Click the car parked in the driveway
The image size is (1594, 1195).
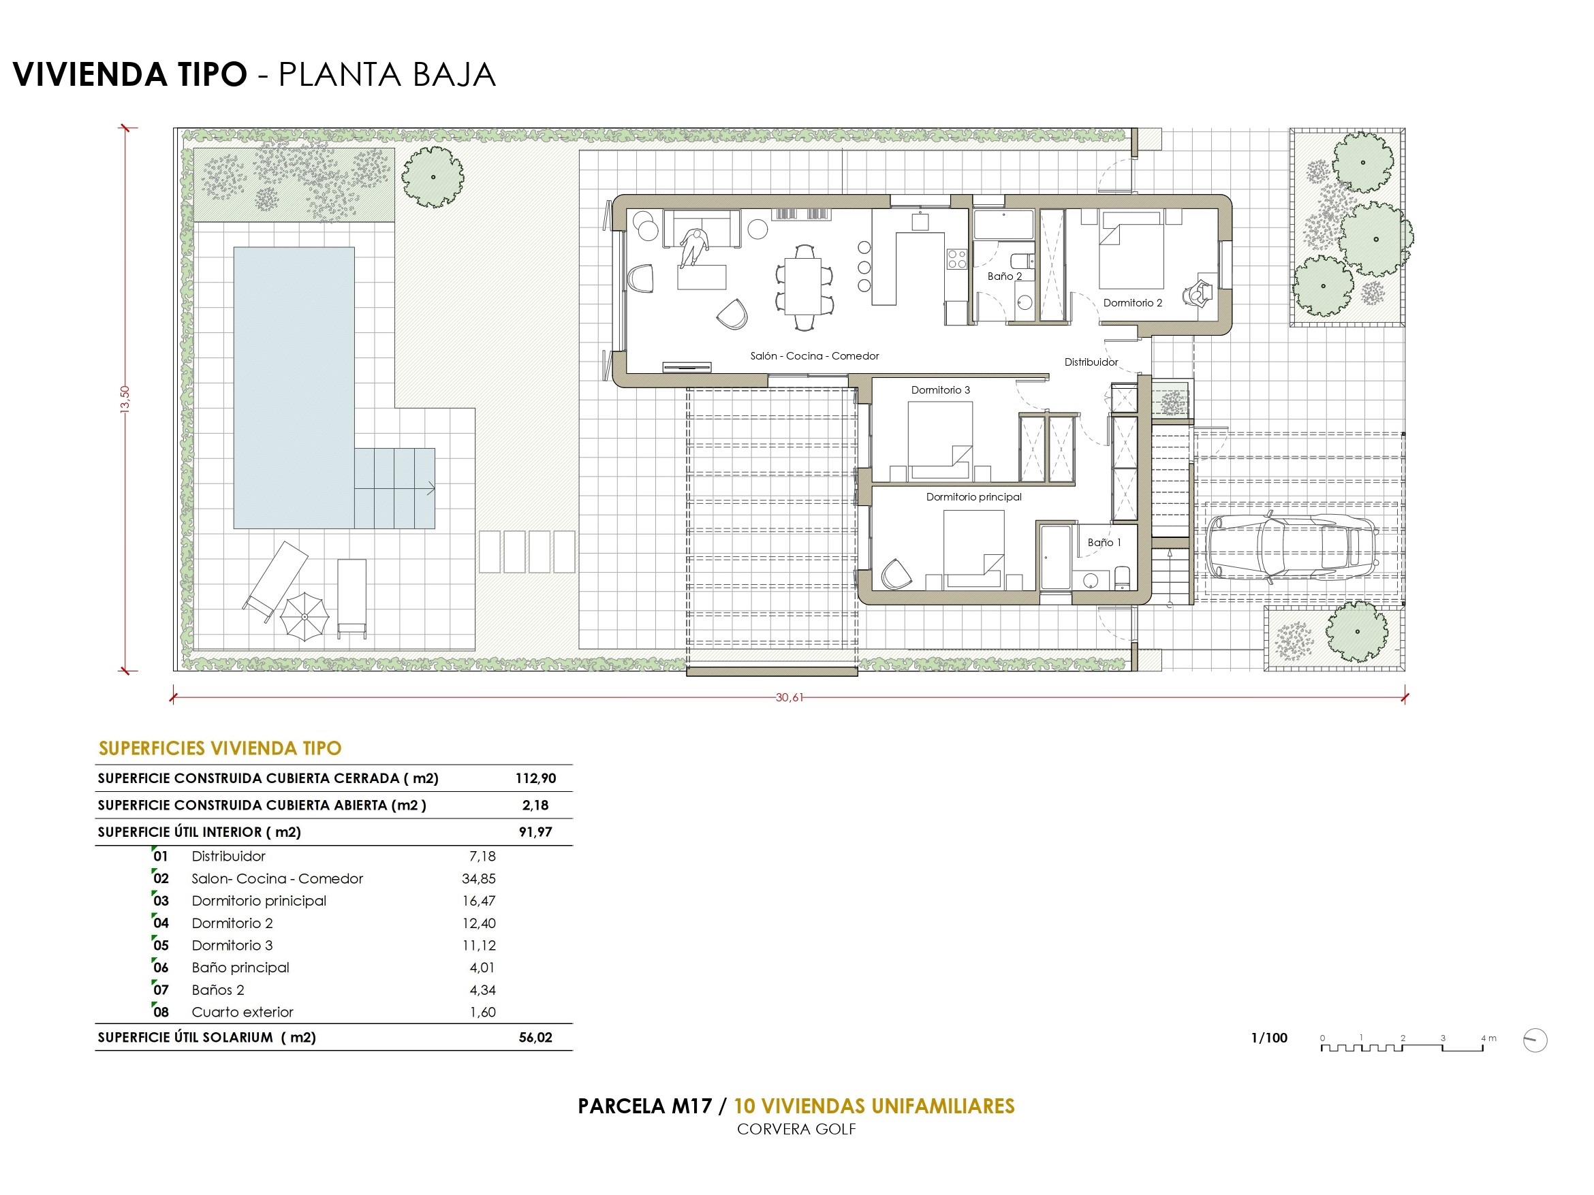[x=1293, y=546]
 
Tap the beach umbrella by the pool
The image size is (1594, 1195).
[x=304, y=617]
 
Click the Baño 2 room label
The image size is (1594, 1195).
[x=1005, y=276]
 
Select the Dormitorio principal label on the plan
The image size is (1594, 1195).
[x=973, y=497]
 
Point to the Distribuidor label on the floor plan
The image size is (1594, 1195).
[x=1091, y=362]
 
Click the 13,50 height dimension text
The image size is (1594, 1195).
[x=125, y=398]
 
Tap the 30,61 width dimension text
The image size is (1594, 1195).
[x=788, y=697]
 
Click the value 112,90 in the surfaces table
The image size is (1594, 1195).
[x=535, y=778]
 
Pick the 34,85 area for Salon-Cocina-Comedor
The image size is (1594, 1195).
[x=478, y=879]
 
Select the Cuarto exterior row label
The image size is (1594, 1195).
[x=242, y=1012]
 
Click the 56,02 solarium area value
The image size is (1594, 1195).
[x=535, y=1037]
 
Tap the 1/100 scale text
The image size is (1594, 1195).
[x=1269, y=1038]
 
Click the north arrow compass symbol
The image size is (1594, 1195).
[x=1535, y=1040]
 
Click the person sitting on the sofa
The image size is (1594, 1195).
[x=693, y=248]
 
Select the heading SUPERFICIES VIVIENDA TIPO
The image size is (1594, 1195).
[x=220, y=748]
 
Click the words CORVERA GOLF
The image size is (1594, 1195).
[x=796, y=1130]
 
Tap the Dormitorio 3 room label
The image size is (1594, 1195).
[x=941, y=390]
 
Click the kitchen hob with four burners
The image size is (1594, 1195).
[x=956, y=259]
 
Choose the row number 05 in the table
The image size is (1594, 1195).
[x=161, y=946]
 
